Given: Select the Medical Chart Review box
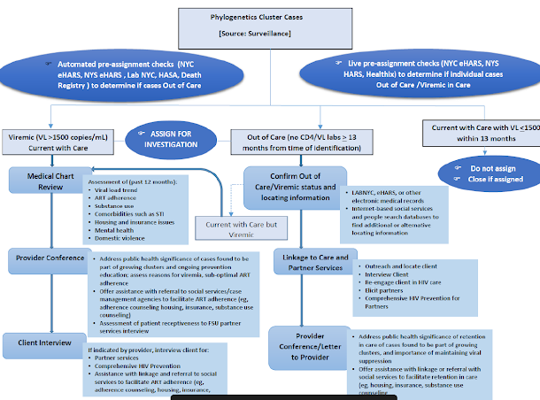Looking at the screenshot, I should click(x=50, y=180).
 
